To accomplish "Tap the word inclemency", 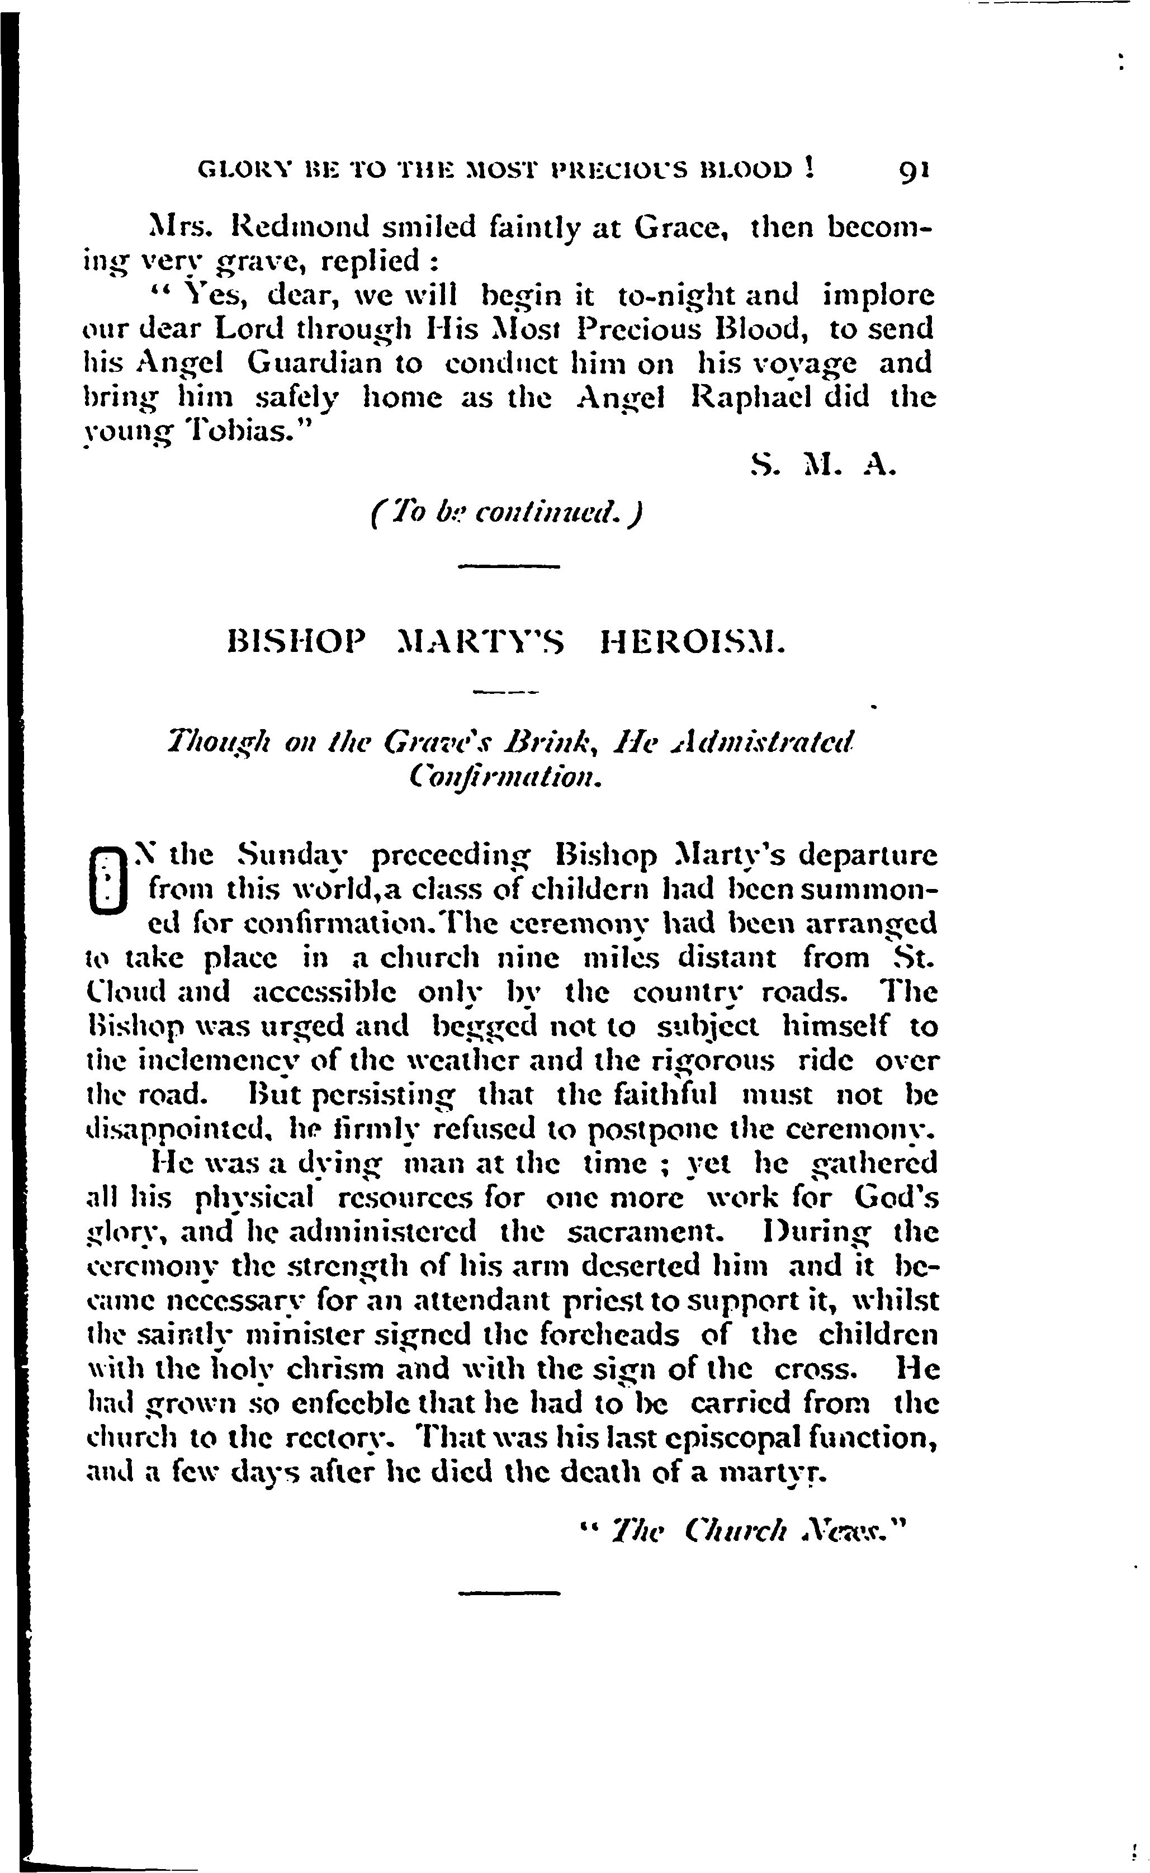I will (x=217, y=1060).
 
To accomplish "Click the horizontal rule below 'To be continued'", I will (x=509, y=566).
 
